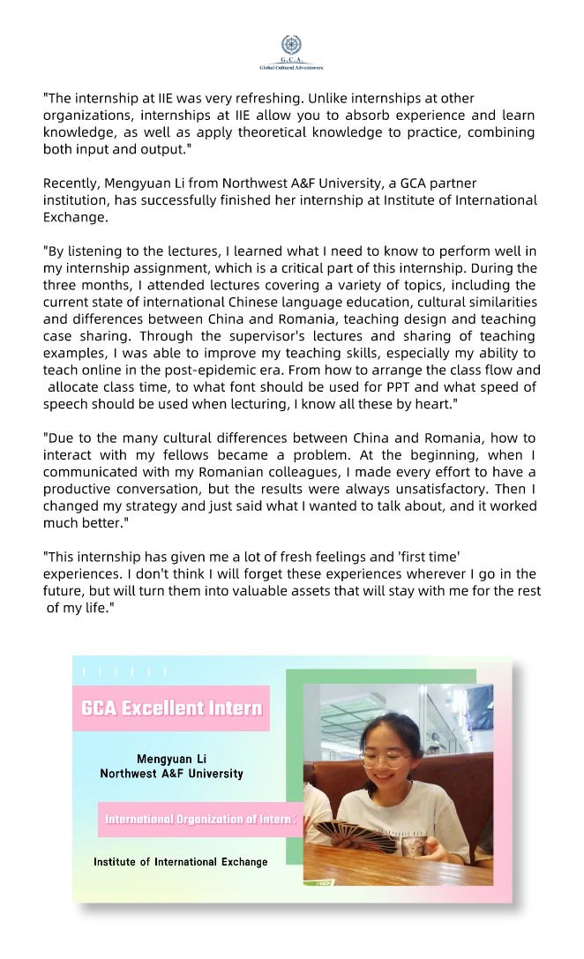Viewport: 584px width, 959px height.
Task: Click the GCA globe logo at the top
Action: (x=290, y=44)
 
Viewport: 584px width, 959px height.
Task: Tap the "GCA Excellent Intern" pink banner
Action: (x=171, y=708)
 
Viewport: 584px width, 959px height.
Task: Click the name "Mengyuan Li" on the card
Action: (x=172, y=760)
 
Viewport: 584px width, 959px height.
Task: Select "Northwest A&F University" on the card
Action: (x=172, y=774)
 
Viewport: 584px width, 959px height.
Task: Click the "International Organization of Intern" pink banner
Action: (x=198, y=820)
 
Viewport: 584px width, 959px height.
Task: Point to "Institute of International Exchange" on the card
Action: (x=181, y=861)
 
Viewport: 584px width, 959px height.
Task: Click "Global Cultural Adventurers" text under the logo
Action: (x=291, y=67)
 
